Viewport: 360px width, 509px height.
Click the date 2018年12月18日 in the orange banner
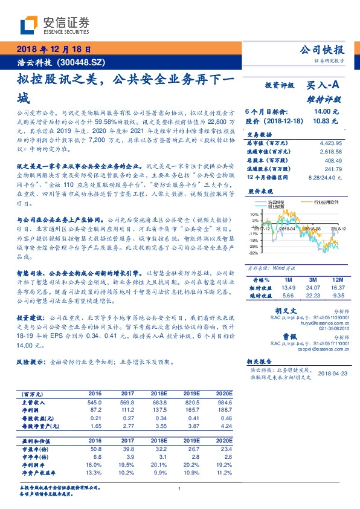click(x=53, y=49)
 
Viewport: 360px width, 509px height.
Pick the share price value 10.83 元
click(x=326, y=122)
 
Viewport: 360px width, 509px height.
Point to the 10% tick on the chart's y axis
click(x=254, y=214)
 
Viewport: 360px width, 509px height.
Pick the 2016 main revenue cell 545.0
click(x=94, y=401)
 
